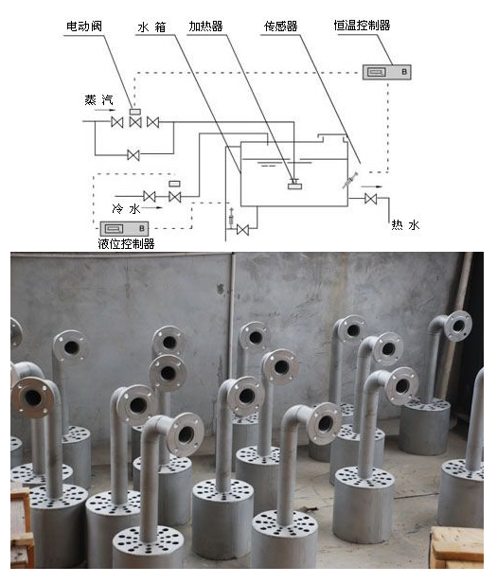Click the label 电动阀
pyautogui.click(x=84, y=27)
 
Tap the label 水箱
pyautogui.click(x=151, y=27)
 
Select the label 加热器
pyautogui.click(x=205, y=27)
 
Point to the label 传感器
pyautogui.click(x=280, y=27)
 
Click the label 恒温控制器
pyautogui.click(x=362, y=26)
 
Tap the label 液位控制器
pyautogui.click(x=126, y=244)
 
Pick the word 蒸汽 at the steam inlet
pyautogui.click(x=98, y=99)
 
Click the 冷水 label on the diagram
pyautogui.click(x=126, y=208)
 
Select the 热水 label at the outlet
pyautogui.click(x=405, y=225)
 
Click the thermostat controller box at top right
pyautogui.click(x=387, y=72)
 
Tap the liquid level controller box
pyautogui.click(x=124, y=228)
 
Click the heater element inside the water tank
pyautogui.click(x=294, y=185)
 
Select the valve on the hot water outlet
pyautogui.click(x=371, y=199)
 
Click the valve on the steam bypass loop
pyautogui.click(x=133, y=155)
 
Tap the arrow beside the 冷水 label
pyautogui.click(x=152, y=207)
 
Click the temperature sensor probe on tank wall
pyautogui.click(x=350, y=181)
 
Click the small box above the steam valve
pyautogui.click(x=134, y=112)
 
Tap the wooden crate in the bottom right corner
pyautogui.click(x=457, y=547)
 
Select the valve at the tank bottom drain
pyautogui.click(x=243, y=230)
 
